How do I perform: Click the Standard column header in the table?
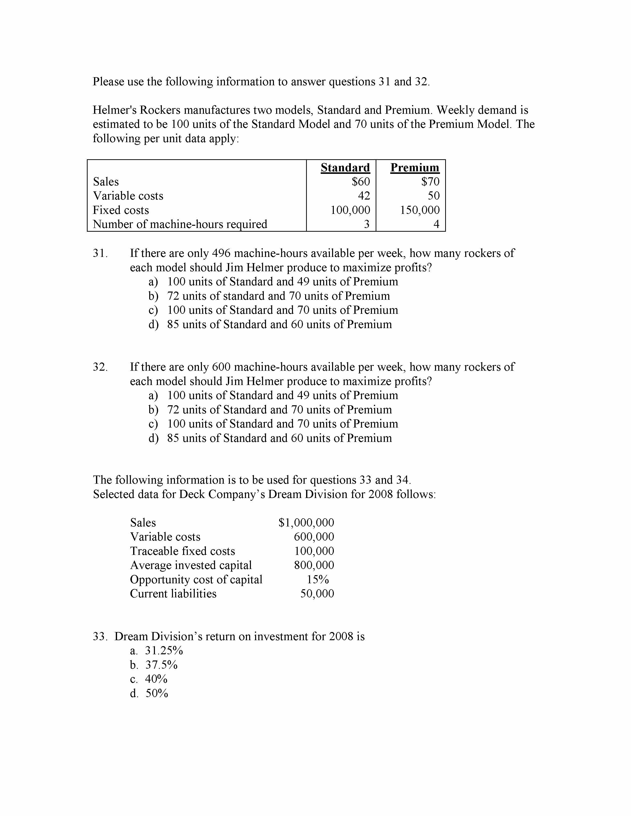click(x=345, y=167)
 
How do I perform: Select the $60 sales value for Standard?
click(x=361, y=181)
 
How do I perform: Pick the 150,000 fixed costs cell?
click(x=420, y=210)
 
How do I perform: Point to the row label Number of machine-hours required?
click(x=180, y=224)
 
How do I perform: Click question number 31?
click(x=100, y=253)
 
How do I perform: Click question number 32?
click(x=100, y=367)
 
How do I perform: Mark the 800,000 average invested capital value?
click(x=314, y=565)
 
